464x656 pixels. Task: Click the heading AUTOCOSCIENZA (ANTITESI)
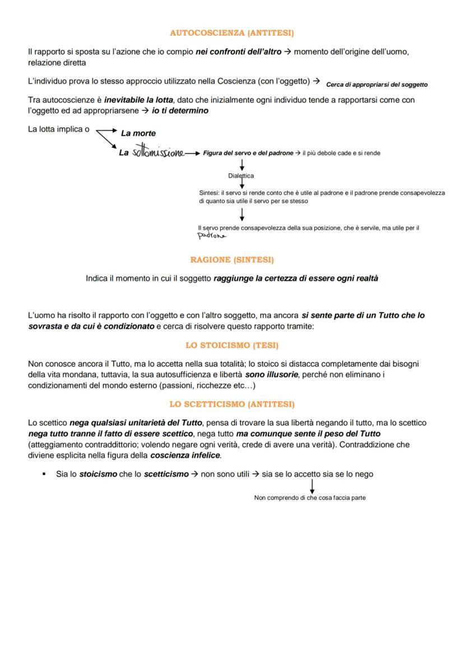pyautogui.click(x=232, y=33)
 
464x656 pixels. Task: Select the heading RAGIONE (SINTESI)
pyautogui.click(x=232, y=260)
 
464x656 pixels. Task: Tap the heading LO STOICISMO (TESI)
pyautogui.click(x=232, y=345)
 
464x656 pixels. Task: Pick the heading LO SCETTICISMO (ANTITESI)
pyautogui.click(x=232, y=404)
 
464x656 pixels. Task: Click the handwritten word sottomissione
pyautogui.click(x=157, y=153)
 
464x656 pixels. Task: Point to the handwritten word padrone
pyautogui.click(x=212, y=236)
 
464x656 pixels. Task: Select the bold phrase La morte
pyautogui.click(x=138, y=133)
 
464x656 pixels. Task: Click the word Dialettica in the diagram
pyautogui.click(x=241, y=175)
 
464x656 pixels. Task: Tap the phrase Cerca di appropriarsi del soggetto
pyautogui.click(x=377, y=85)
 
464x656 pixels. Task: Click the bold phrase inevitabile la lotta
pyautogui.click(x=138, y=100)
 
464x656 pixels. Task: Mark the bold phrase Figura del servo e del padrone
pyautogui.click(x=248, y=153)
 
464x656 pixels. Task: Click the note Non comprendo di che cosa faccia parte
pyautogui.click(x=310, y=497)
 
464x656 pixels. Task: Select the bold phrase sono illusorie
pyautogui.click(x=272, y=374)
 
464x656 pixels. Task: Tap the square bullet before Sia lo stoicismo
pyautogui.click(x=44, y=474)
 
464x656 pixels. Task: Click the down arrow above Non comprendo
pyautogui.click(x=312, y=485)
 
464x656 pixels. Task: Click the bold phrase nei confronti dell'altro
pyautogui.click(x=239, y=52)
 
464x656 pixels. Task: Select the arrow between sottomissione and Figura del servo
pyautogui.click(x=193, y=153)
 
